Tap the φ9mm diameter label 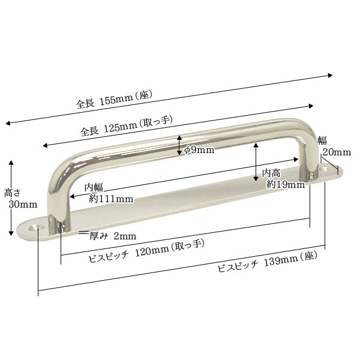pyautogui.click(x=199, y=150)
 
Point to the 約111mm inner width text pyautogui.click(x=111, y=199)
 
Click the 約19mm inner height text pyautogui.click(x=286, y=184)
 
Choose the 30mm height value pyautogui.click(x=23, y=204)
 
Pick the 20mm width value pyautogui.click(x=337, y=152)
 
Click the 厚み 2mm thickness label pyautogui.click(x=113, y=236)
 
